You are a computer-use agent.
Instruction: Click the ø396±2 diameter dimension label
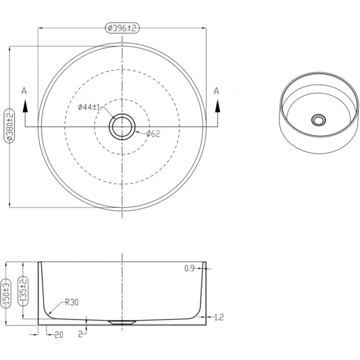coord(122,28)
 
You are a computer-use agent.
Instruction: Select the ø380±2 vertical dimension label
coord(10,126)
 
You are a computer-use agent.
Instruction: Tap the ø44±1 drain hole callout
coord(89,107)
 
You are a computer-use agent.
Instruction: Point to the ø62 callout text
coord(153,134)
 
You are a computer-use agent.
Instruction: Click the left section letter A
coord(24,91)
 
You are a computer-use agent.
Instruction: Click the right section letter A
coord(217,91)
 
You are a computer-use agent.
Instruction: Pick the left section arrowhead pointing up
coord(25,106)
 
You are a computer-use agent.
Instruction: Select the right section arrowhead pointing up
coord(217,106)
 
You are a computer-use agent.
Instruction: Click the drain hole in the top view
coord(122,127)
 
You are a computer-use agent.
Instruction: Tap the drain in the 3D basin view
coord(319,120)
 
